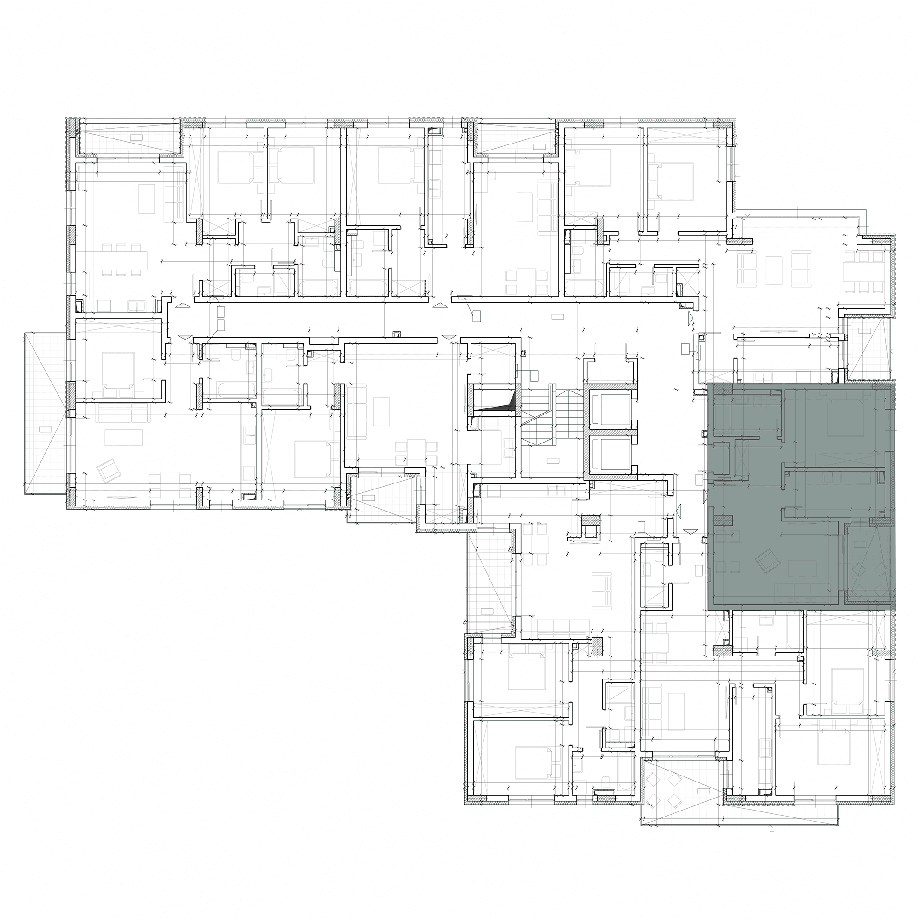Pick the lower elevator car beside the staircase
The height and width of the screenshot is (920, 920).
(x=610, y=454)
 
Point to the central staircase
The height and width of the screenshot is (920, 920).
(x=551, y=414)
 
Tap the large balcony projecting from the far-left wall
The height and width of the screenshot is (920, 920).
(x=44, y=414)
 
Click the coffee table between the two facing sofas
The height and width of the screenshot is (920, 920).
(x=774, y=270)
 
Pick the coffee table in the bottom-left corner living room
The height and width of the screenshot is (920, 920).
(x=123, y=437)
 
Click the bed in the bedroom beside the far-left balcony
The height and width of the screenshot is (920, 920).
(x=118, y=369)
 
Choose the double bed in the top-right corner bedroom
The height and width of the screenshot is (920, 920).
(x=677, y=181)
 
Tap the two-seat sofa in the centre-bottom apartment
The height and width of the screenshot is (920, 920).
(x=601, y=591)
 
